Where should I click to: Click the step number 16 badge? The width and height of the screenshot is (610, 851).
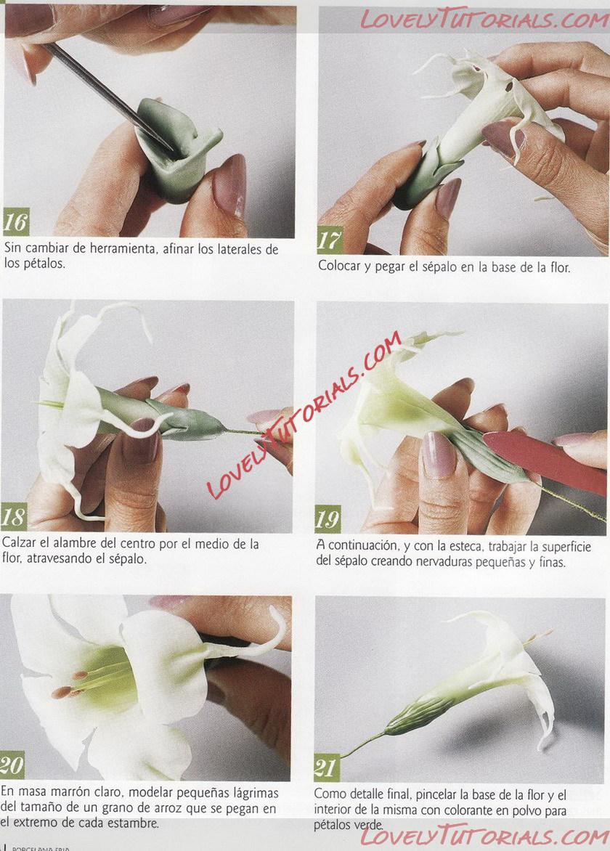tap(16, 222)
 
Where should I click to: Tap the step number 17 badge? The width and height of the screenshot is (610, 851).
tap(330, 240)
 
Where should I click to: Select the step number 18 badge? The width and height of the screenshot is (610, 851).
tap(14, 517)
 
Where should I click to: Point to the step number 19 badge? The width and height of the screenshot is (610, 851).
tap(328, 519)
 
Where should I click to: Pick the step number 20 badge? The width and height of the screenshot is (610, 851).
tap(12, 765)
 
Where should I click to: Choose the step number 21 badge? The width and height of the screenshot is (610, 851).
tap(327, 768)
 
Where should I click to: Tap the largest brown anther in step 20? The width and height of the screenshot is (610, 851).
tap(62, 693)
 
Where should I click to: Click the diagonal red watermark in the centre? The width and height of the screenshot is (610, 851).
tap(304, 415)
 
